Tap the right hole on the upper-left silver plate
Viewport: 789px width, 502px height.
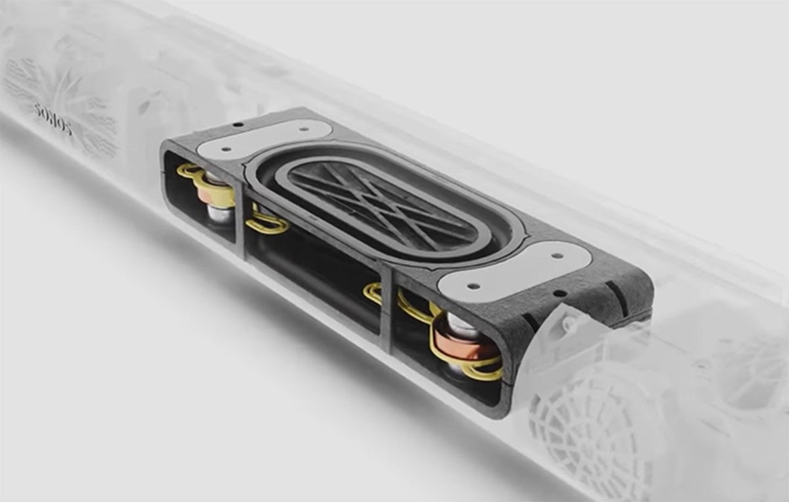point(304,129)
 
